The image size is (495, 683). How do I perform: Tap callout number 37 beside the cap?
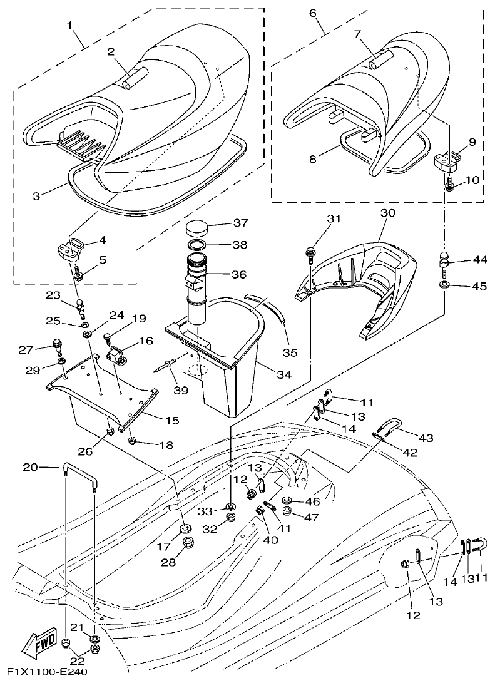[241, 223]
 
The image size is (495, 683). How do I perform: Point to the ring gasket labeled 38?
[203, 244]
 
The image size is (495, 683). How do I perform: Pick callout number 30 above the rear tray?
[388, 213]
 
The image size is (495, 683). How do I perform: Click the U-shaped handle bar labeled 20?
[79, 467]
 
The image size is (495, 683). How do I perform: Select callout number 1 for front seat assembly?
[70, 26]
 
